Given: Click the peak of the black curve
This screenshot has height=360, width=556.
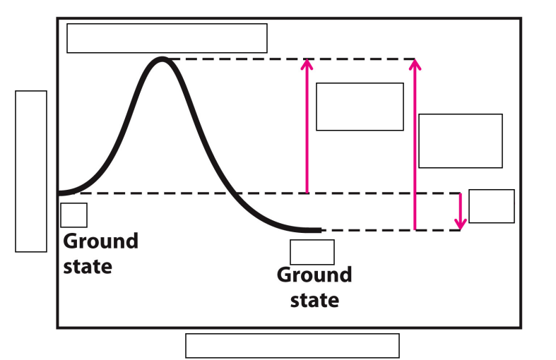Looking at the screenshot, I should pyautogui.click(x=162, y=60).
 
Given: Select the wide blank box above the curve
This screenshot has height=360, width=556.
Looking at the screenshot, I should pyautogui.click(x=167, y=38).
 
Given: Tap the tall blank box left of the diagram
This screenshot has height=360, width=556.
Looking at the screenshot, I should pyautogui.click(x=31, y=171).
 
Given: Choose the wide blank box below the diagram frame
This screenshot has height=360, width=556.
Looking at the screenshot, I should pyautogui.click(x=292, y=345).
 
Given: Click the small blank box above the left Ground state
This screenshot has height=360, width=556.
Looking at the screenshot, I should pyautogui.click(x=73, y=215).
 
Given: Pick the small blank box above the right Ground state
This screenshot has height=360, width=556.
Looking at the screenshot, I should pyautogui.click(x=312, y=252).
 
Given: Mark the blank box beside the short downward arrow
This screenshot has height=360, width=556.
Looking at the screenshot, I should pyautogui.click(x=491, y=206).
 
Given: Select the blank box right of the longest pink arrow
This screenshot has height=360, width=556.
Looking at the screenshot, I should pyautogui.click(x=460, y=140).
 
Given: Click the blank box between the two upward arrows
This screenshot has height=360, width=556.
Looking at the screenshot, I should pyautogui.click(x=359, y=107).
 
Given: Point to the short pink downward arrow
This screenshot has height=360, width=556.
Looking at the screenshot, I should pyautogui.click(x=460, y=210).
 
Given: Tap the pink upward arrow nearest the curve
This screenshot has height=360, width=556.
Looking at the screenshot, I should pyautogui.click(x=307, y=127).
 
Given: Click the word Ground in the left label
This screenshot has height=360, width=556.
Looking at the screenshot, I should pyautogui.click(x=100, y=241).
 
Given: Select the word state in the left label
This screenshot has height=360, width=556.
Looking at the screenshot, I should pyautogui.click(x=88, y=267).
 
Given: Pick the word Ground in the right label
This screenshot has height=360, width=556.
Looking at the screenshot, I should pyautogui.click(x=314, y=275).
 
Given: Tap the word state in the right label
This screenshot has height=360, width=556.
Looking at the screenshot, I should pyautogui.click(x=314, y=300).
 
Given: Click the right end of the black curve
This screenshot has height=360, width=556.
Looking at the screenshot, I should pyautogui.click(x=319, y=230).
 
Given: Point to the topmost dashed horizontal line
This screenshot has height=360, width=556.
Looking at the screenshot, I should pyautogui.click(x=290, y=59).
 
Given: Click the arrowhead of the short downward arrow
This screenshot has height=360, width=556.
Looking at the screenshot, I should pyautogui.click(x=460, y=224).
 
